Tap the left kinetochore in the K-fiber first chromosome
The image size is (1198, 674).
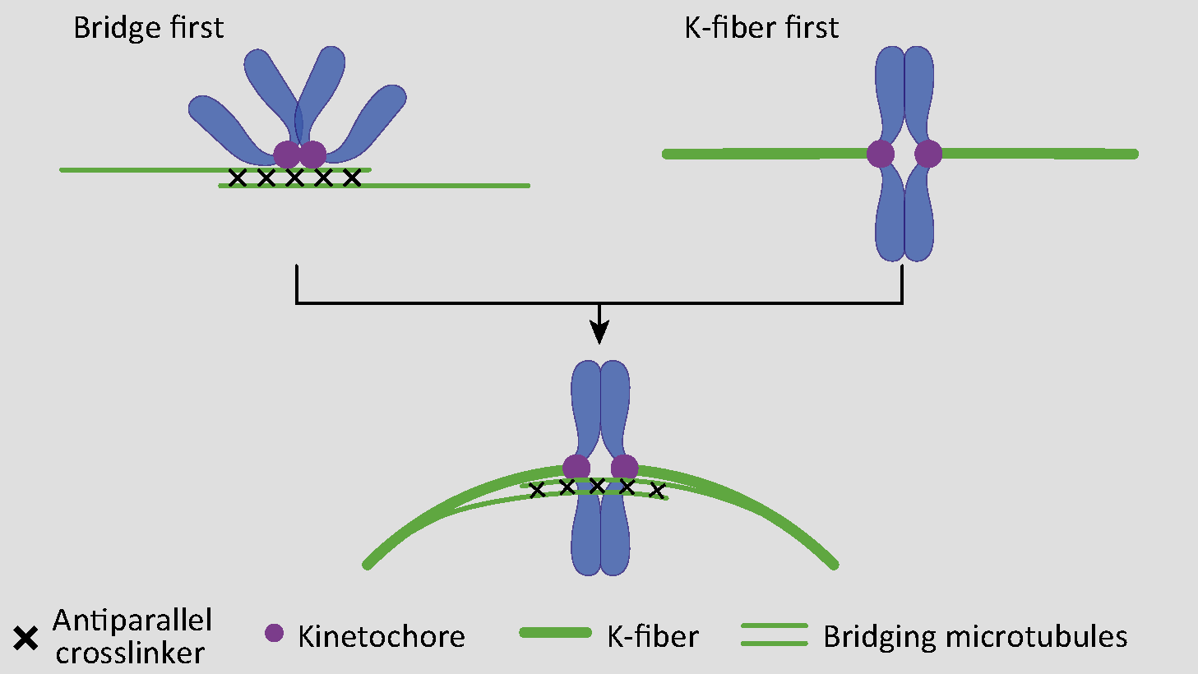880,154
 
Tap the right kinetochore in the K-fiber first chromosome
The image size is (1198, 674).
928,154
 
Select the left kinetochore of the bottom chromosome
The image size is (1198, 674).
576,468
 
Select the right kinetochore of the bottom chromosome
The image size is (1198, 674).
625,468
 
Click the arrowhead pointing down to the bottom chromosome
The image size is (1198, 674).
600,333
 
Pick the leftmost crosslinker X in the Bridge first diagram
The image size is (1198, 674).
238,178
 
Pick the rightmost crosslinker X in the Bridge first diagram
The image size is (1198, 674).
352,178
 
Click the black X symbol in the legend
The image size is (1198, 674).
26,638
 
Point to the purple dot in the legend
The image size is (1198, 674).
274,633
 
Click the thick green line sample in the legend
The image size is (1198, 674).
556,633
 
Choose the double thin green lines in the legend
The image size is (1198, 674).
775,635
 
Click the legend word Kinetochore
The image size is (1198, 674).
382,637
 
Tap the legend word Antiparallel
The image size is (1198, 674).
132,621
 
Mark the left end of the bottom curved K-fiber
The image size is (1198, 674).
367,565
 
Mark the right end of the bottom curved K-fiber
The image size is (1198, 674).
835,565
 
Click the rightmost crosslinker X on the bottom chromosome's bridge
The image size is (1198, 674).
656,492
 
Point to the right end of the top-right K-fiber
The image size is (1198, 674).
1134,154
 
